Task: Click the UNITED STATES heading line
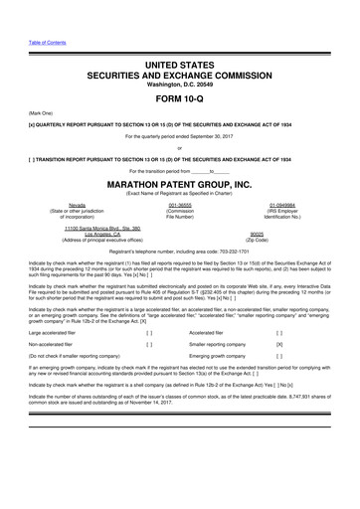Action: pyautogui.click(x=180, y=64)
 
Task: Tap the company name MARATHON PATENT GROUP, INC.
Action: pyautogui.click(x=180, y=184)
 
